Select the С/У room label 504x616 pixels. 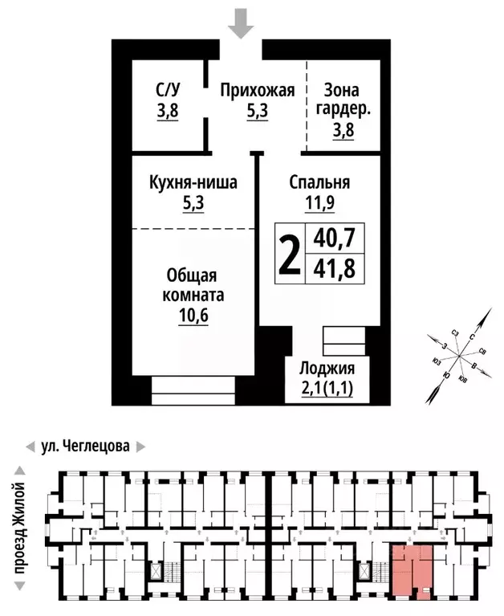click(x=168, y=91)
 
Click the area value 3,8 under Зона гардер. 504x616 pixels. click(x=343, y=128)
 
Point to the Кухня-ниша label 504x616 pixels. click(x=193, y=183)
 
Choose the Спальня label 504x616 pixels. click(x=319, y=183)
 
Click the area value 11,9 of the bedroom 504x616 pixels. click(x=319, y=203)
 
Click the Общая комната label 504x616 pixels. click(x=193, y=285)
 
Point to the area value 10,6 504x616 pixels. click(x=193, y=316)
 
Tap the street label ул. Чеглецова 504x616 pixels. click(x=84, y=446)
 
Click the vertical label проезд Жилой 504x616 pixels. click(x=20, y=528)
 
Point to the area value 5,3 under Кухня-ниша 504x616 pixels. click(x=193, y=203)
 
